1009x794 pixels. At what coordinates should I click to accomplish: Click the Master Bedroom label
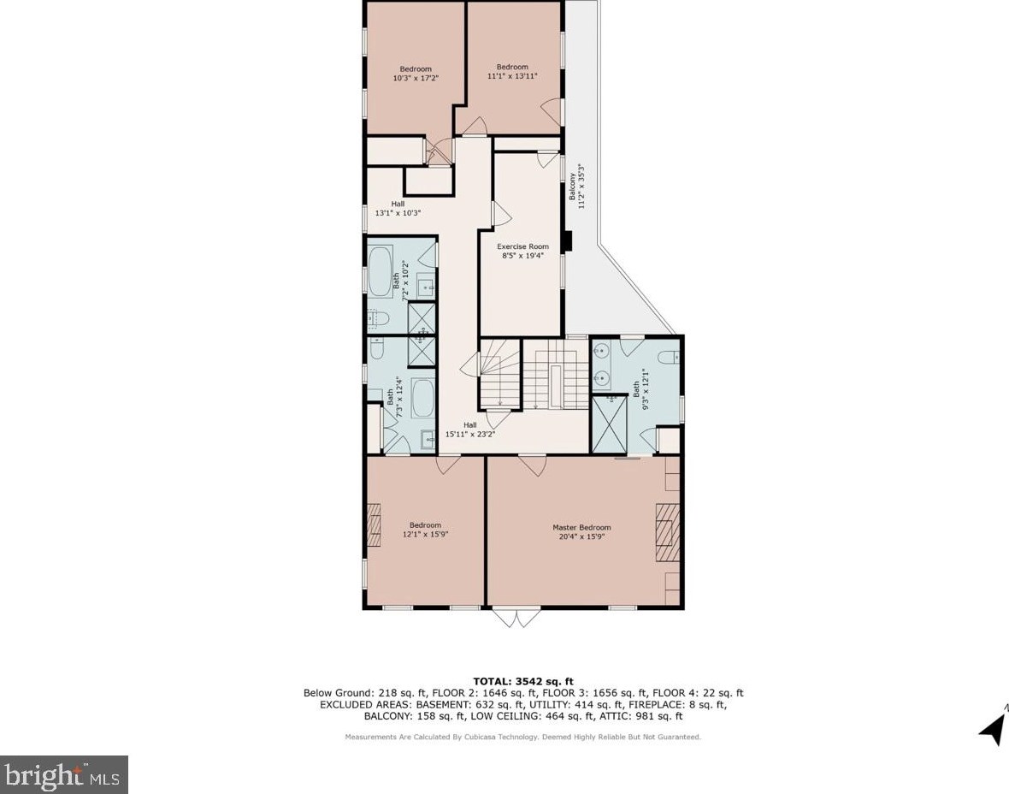pos(581,527)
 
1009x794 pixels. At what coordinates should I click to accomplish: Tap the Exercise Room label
pos(522,246)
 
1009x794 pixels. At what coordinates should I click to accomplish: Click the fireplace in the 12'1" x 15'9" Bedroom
pos(374,524)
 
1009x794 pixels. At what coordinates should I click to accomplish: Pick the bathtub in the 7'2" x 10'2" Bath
pos(380,272)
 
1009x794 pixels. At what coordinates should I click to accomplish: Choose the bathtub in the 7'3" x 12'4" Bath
pos(422,398)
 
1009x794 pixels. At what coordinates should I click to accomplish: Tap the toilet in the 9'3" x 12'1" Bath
pos(670,357)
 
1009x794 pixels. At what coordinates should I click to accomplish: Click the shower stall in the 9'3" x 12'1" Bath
pos(608,424)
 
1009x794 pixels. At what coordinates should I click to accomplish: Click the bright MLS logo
pos(64,774)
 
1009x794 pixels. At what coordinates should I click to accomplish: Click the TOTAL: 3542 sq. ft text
pos(523,681)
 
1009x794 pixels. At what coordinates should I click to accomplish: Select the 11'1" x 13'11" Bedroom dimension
pos(512,76)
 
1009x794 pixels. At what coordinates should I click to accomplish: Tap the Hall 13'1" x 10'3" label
pos(398,208)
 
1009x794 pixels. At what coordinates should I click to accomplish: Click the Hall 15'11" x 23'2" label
pos(469,430)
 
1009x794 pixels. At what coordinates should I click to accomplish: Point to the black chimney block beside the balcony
pos(567,240)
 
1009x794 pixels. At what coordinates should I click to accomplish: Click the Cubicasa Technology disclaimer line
pos(523,738)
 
